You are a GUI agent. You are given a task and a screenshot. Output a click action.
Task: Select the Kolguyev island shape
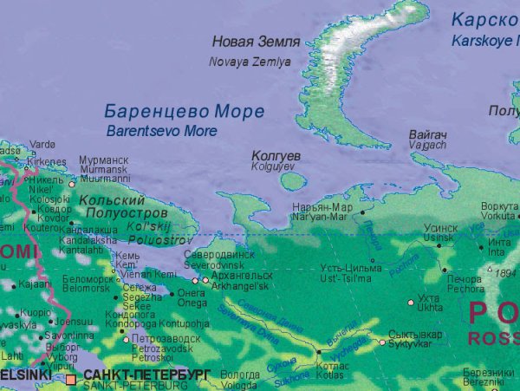point(294,180)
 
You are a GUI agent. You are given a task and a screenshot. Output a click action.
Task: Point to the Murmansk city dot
point(72,184)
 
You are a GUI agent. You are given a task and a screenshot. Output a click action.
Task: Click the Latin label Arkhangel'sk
point(240,285)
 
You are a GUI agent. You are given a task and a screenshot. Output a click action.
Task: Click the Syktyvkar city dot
point(381,342)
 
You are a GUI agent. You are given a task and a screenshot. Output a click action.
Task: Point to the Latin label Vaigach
point(428,147)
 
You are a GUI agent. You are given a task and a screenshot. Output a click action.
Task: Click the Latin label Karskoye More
point(485,40)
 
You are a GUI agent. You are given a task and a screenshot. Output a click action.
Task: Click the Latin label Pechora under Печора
point(466,289)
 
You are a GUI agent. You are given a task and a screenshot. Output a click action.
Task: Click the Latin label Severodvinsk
point(219,264)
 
